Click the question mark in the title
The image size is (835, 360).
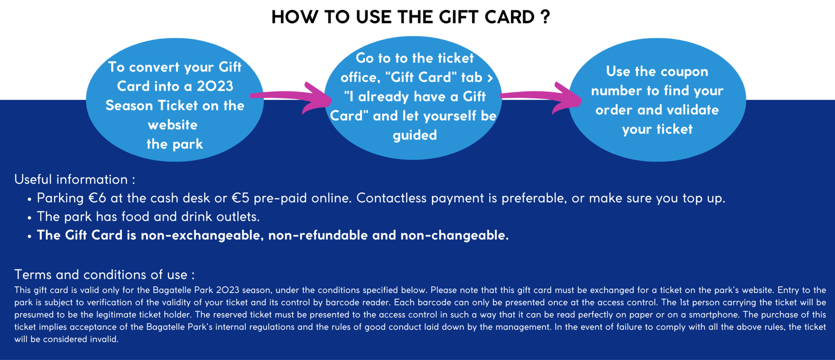tap(546, 17)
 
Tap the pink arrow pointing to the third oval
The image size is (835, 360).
tap(541, 97)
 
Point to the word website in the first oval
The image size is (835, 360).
tap(173, 125)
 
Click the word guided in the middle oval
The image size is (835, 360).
tap(415, 135)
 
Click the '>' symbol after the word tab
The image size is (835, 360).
tap(490, 78)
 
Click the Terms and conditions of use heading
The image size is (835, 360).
tap(104, 274)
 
